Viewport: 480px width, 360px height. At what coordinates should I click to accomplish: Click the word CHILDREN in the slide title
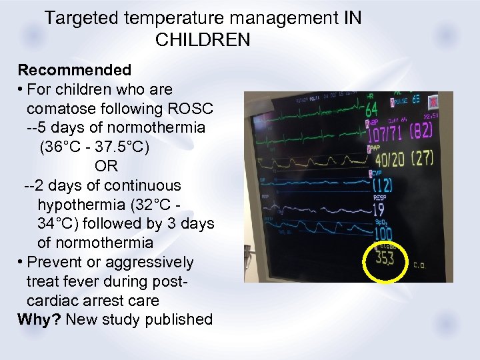203,40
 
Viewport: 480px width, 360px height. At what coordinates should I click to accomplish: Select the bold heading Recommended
74,70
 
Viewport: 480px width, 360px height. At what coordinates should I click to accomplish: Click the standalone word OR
106,166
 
